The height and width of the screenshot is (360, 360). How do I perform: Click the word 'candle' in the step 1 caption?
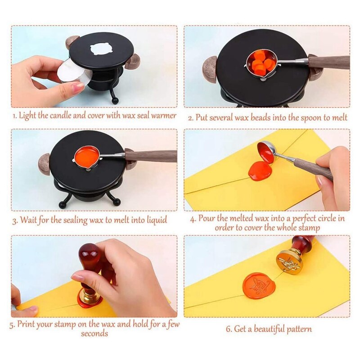(60, 115)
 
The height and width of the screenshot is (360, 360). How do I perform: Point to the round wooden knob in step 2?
(210, 70)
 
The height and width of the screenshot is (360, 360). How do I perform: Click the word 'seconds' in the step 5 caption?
(94, 333)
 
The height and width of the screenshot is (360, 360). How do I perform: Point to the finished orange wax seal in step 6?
(259, 285)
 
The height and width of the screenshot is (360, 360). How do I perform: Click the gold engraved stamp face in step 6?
(288, 261)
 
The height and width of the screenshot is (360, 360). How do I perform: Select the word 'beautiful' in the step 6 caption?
(269, 329)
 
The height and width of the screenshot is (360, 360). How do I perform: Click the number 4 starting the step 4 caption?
(193, 219)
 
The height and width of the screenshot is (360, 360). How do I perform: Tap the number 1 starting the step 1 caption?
(14, 116)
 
